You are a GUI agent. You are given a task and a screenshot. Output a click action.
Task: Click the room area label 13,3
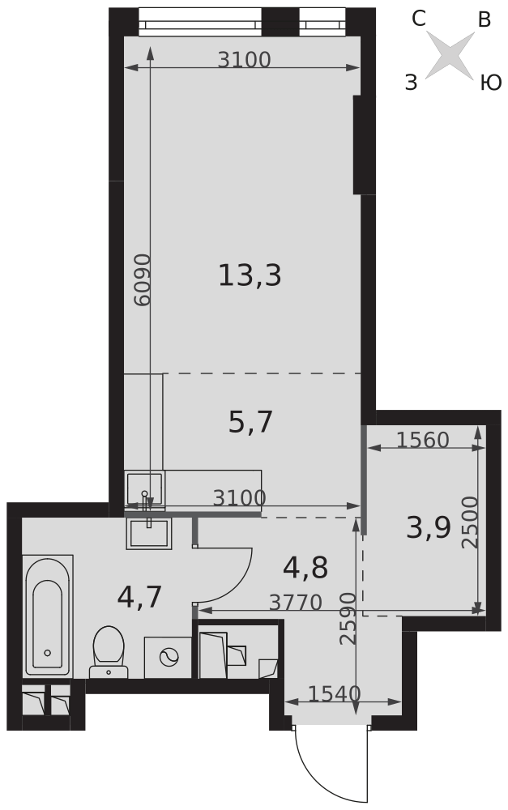point(250,275)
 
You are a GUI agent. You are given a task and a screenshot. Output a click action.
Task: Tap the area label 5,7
point(250,421)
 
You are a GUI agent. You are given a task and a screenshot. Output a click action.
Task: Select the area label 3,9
point(429,528)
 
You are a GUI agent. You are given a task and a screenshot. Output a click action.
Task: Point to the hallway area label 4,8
point(305,568)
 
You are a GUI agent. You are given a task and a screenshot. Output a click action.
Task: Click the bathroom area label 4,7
point(139,597)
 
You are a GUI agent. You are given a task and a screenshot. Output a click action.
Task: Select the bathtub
point(48,616)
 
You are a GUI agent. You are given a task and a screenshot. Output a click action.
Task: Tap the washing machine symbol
point(168,657)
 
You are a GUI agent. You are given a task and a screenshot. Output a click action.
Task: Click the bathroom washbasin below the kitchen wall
point(148,534)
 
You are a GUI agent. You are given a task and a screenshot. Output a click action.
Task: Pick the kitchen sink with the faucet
point(144,489)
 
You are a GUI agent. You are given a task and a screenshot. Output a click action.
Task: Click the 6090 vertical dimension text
point(142,279)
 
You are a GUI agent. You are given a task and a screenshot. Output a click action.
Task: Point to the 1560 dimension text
point(423,440)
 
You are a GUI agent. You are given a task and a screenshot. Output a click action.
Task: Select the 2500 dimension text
point(470,522)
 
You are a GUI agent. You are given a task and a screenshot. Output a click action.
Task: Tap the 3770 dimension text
point(296,603)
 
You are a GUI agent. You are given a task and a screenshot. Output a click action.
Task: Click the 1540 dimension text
point(335,694)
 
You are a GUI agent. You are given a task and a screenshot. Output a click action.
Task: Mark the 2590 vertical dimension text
point(348,618)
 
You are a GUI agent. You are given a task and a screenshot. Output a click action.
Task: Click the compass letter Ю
point(490,83)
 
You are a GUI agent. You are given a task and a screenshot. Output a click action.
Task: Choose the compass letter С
point(419,19)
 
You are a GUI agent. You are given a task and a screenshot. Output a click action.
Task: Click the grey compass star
point(450,55)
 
